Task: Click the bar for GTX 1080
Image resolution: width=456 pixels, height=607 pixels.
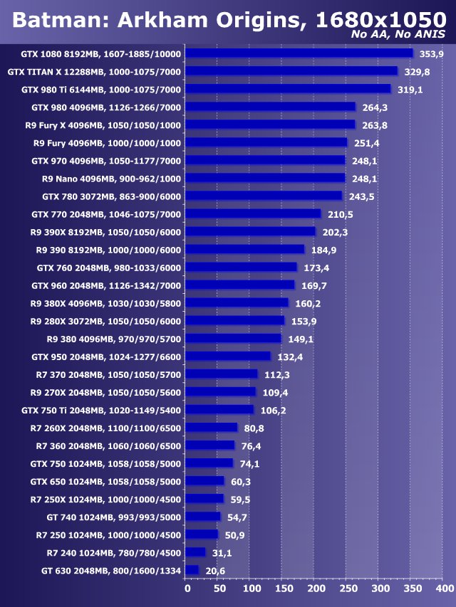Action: pyautogui.click(x=299, y=53)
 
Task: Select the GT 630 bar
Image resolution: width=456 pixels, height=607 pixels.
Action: pyautogui.click(x=192, y=570)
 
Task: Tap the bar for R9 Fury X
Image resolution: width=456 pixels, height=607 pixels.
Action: pyautogui.click(x=271, y=125)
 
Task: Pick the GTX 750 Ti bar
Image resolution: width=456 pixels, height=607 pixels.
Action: pyautogui.click(x=220, y=410)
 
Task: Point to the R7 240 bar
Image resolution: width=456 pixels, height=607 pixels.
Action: pyautogui.click(x=196, y=552)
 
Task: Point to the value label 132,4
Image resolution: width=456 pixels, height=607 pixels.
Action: pyautogui.click(x=289, y=357)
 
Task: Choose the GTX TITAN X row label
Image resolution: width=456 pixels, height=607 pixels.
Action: pyautogui.click(x=94, y=71)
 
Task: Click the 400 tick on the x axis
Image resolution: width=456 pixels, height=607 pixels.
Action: pyautogui.click(x=443, y=589)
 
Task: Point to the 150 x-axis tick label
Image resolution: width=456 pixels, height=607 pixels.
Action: pyautogui.click(x=283, y=589)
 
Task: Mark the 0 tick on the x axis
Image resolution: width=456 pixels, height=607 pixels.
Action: pyautogui.click(x=187, y=589)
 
